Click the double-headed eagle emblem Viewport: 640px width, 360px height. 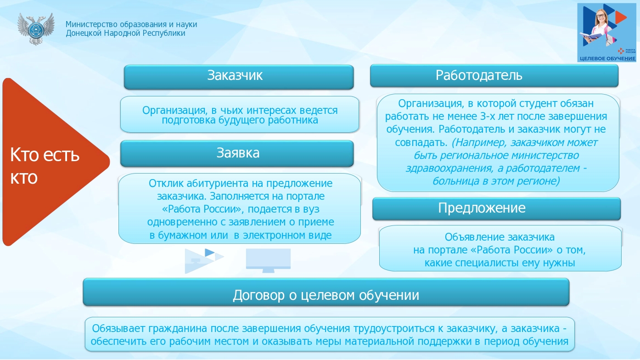pos(35,28)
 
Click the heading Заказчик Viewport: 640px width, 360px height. pos(235,76)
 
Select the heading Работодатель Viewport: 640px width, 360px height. pos(479,75)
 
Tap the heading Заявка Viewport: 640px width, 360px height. pos(238,153)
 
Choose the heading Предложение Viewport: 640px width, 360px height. pos(482,208)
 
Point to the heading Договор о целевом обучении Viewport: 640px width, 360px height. pos(326,295)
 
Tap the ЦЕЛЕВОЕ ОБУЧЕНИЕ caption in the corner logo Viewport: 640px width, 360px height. pos(607,59)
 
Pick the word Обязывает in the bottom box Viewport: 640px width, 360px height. pos(118,329)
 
